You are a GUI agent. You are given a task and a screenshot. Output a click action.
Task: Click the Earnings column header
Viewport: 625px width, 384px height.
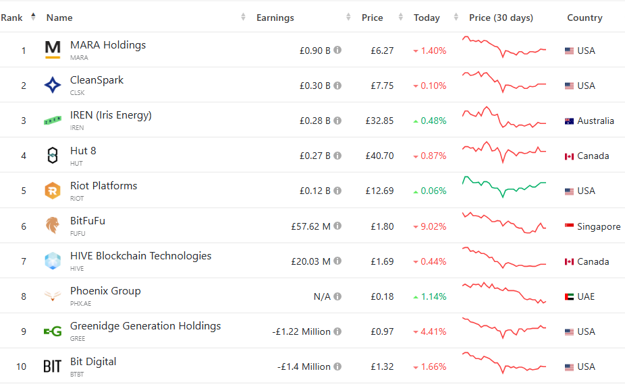(275, 18)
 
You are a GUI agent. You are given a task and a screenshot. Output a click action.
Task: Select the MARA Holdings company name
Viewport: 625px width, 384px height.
(108, 45)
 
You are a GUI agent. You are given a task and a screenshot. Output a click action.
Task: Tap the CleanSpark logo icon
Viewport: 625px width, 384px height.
(53, 86)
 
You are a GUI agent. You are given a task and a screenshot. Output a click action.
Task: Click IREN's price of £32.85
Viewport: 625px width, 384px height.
(379, 121)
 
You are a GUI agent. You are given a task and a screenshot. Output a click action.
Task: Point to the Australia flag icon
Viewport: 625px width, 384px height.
(569, 121)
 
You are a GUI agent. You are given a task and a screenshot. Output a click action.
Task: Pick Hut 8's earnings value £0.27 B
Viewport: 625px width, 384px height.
(315, 156)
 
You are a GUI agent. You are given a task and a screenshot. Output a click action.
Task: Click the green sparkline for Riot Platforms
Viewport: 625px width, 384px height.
(504, 187)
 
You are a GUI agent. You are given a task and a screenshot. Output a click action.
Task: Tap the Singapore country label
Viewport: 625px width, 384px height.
(599, 226)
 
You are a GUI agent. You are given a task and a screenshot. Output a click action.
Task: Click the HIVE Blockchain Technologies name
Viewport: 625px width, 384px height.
(140, 256)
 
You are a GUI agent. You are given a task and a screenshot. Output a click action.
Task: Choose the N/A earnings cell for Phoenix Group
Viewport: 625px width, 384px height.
(321, 296)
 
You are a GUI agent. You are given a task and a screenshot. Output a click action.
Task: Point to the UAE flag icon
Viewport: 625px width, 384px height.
(569, 296)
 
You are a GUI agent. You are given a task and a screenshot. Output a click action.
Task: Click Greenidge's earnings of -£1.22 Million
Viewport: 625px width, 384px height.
(301, 331)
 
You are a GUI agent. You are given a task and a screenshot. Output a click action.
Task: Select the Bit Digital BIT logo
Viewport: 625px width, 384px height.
(53, 366)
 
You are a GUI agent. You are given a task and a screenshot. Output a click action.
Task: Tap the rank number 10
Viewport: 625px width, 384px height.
(22, 366)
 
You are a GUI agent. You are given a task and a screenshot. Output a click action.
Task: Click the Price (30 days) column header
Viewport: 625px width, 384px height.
(501, 18)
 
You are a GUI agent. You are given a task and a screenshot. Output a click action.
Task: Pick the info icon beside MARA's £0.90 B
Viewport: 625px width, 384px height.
(337, 51)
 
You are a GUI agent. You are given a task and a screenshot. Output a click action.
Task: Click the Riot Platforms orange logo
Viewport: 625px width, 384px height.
(53, 191)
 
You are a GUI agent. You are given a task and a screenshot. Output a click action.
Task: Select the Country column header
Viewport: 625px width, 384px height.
(585, 18)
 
